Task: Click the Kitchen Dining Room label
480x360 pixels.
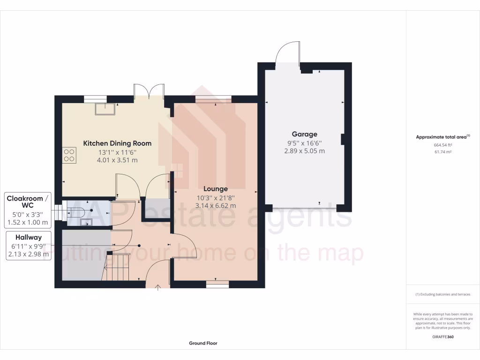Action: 117,143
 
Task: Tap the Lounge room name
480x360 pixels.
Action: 216,189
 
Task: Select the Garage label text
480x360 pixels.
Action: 304,134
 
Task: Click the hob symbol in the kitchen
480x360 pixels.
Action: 69,155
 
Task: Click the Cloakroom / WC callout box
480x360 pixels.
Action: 27,210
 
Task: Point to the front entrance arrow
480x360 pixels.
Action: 158,286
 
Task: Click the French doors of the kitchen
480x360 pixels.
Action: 149,91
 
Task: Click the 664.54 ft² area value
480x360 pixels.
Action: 442,145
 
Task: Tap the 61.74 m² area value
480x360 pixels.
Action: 442,152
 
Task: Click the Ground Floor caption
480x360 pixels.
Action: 203,343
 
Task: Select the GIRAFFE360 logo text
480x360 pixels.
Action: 442,337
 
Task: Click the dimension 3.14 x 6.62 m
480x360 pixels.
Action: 216,205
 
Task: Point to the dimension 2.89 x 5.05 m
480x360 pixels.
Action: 304,151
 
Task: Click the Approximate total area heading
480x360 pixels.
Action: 442,137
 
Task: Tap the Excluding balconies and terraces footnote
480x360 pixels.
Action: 442,294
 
